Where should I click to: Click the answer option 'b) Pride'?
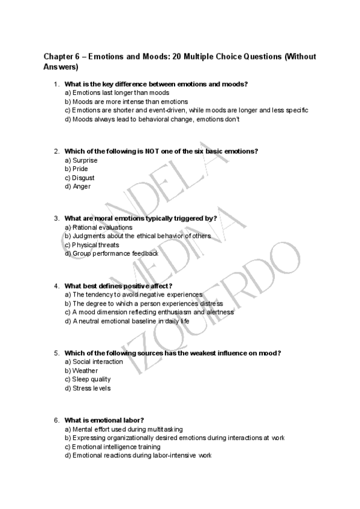pos(76,169)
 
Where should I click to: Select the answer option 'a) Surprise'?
pos(81,161)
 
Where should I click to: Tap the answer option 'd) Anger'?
pos(77,187)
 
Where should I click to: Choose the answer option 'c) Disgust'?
pos(79,178)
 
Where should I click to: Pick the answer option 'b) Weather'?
pos(81,371)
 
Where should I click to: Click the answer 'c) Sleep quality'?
pos(88,379)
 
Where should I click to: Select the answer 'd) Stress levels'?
pos(88,388)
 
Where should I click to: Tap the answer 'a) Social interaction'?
pos(94,362)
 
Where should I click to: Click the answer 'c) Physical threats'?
pos(92,245)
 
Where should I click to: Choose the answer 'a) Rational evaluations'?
pos(98,227)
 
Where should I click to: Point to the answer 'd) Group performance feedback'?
pos(111,254)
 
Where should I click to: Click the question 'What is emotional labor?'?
pos(104,420)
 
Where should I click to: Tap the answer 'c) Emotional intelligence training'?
pos(112,447)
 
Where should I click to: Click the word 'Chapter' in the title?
pos(58,56)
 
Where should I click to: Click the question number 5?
pos(56,353)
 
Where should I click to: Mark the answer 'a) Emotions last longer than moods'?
pos(116,93)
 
